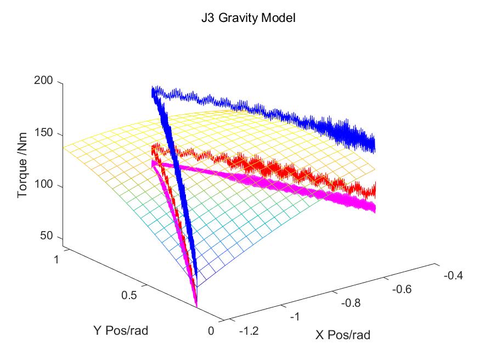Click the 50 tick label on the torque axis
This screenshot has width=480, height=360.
[x=47, y=236]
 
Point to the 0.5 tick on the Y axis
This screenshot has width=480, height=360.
[x=129, y=295]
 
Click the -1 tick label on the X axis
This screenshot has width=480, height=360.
[x=295, y=317]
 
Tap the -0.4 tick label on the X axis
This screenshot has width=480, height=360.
[x=453, y=275]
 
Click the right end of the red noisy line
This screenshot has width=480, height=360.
[x=375, y=191]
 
